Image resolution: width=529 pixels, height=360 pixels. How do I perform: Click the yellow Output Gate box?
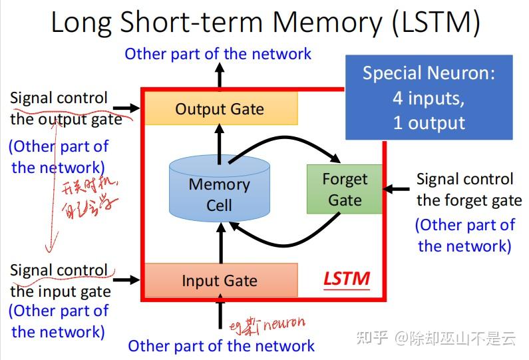[x=220, y=108]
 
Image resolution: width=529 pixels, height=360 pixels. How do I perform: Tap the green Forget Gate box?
[x=345, y=189]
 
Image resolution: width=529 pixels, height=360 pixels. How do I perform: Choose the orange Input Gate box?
[x=220, y=280]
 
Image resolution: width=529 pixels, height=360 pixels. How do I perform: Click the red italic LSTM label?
[x=346, y=278]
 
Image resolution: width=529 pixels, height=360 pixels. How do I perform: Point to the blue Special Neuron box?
[x=429, y=97]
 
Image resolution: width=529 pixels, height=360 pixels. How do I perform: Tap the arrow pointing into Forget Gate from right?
[x=398, y=189]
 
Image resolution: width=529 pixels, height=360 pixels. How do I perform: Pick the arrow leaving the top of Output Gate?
[x=220, y=78]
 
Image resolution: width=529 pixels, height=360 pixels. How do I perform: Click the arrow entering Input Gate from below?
[x=220, y=313]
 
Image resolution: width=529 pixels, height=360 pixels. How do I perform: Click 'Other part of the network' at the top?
[x=218, y=54]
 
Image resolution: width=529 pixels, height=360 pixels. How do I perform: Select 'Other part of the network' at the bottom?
[x=221, y=346]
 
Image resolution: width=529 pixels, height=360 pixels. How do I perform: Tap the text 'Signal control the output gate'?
[x=65, y=108]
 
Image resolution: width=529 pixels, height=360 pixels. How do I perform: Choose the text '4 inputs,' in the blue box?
[x=429, y=98]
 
